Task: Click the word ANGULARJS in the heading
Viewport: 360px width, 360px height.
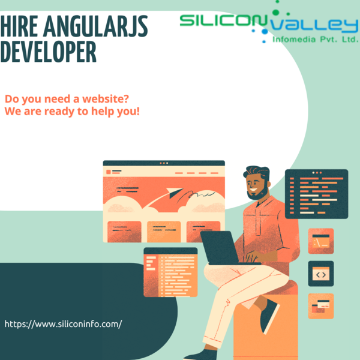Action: tap(95, 26)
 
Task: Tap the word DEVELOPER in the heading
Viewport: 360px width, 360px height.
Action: tap(48, 52)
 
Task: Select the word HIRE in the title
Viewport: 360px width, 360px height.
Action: tap(19, 26)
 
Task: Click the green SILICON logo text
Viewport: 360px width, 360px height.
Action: tap(223, 20)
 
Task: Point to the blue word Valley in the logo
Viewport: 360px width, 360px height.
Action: tap(314, 26)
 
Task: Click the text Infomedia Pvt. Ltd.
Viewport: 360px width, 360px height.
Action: tap(316, 40)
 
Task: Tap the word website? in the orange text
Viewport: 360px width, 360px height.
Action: tap(106, 99)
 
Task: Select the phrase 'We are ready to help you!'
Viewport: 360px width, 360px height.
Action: tap(72, 112)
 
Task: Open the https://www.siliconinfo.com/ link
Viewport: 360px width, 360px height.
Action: tap(64, 324)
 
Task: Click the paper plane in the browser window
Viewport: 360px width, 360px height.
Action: tap(175, 193)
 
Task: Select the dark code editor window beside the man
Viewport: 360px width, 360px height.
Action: tap(317, 194)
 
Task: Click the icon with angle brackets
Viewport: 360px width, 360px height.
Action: tap(321, 274)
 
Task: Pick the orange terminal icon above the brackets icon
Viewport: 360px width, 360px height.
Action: tap(321, 241)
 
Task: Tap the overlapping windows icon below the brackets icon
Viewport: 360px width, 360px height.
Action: tap(321, 306)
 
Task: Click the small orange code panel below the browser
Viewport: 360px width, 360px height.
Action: tap(170, 272)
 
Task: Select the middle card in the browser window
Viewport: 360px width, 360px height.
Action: tap(164, 232)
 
